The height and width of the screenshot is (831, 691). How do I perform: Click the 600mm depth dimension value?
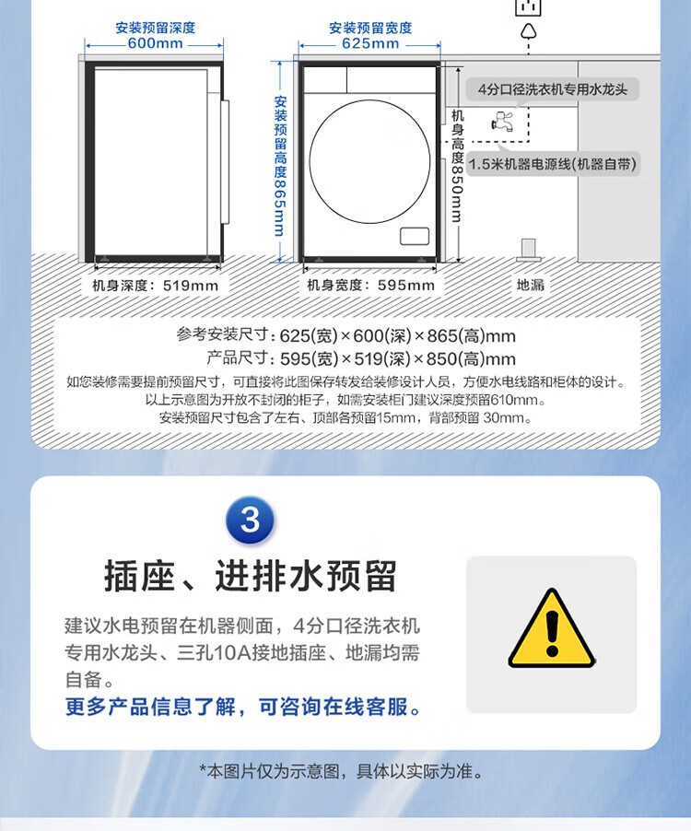(155, 43)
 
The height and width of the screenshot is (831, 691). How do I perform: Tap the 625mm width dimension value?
(370, 43)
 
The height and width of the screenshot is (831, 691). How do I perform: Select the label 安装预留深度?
(156, 28)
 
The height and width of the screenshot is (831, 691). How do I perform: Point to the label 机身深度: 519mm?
(156, 286)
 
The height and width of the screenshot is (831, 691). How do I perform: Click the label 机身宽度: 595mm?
(371, 286)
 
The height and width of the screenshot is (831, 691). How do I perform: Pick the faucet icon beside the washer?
(502, 122)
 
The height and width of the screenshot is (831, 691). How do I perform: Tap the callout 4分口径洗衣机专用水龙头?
(553, 89)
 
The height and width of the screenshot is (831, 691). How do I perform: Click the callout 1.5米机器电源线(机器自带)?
(553, 164)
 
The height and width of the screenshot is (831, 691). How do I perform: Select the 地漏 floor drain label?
(531, 285)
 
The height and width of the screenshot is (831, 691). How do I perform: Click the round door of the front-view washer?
(369, 161)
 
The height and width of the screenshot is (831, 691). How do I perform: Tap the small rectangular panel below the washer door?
(415, 237)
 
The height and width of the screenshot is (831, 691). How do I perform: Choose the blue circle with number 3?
(250, 520)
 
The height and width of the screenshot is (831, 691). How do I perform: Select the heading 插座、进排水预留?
(250, 576)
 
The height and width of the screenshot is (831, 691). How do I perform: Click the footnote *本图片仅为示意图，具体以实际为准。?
(342, 771)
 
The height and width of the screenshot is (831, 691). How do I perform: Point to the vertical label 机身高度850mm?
(457, 166)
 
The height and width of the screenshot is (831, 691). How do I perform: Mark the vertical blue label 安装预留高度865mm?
(280, 166)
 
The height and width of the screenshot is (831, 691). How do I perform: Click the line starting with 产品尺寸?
(361, 358)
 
